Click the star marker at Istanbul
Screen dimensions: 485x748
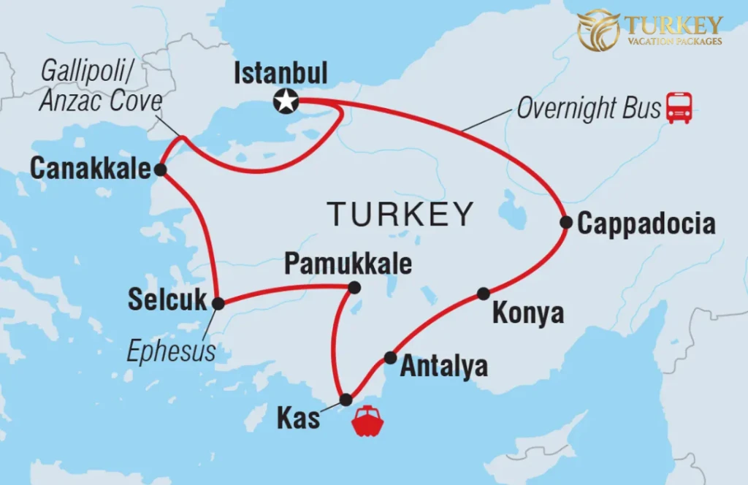(285, 101)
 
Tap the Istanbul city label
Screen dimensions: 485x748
(280, 74)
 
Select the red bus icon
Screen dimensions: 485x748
(679, 108)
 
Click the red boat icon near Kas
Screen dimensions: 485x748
(367, 422)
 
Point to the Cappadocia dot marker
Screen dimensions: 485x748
(566, 222)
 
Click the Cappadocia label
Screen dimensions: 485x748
(646, 224)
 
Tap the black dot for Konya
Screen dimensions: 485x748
(484, 294)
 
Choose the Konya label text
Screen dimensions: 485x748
(528, 313)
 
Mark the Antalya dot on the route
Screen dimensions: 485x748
(391, 358)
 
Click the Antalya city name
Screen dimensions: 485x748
(443, 365)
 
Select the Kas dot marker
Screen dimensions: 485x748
(346, 400)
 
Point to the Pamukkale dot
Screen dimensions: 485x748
(354, 288)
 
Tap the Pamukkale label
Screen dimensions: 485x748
(348, 264)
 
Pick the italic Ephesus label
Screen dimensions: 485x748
(172, 351)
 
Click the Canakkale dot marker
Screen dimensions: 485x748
(160, 170)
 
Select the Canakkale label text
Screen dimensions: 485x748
(89, 169)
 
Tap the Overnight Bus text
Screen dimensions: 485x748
(588, 108)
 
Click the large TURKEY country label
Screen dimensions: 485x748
(400, 214)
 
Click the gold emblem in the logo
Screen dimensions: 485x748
(598, 29)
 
